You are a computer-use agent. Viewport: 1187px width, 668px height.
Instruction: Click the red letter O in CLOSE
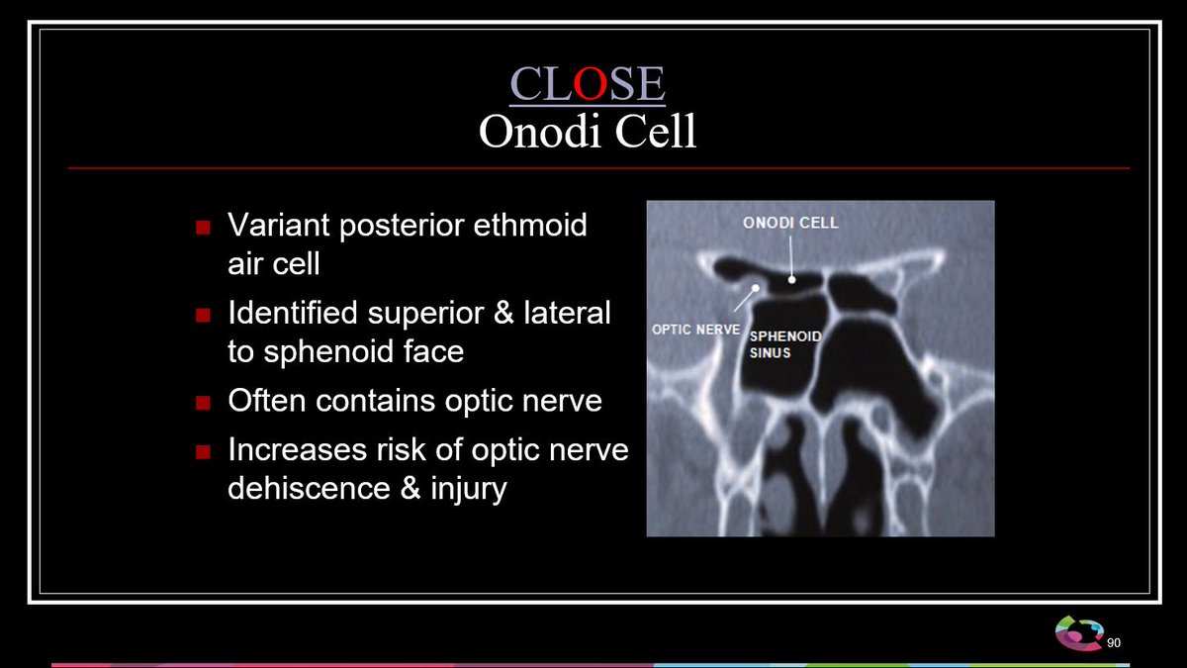590,83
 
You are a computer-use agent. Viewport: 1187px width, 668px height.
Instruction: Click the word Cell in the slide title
656,131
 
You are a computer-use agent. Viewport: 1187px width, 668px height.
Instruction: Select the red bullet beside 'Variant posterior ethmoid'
203,228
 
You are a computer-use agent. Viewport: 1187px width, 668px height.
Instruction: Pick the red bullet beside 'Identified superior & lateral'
203,316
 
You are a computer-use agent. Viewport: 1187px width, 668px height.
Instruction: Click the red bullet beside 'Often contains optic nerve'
203,403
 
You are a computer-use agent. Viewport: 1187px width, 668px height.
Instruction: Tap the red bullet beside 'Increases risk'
203,452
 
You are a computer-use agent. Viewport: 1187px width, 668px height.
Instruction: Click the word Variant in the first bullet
279,225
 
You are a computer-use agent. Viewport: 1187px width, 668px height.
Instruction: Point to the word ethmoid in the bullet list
530,225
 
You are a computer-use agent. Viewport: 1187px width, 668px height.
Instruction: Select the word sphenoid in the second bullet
328,351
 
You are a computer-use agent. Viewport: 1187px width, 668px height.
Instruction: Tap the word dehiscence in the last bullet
309,488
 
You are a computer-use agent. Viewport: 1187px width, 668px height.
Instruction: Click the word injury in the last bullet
469,489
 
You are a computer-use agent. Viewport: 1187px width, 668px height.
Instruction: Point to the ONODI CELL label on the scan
790,223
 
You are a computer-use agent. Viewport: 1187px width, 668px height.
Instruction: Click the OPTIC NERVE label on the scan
695,330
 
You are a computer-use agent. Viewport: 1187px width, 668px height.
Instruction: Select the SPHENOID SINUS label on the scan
785,344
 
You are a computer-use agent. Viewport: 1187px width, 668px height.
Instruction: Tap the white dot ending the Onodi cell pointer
791,279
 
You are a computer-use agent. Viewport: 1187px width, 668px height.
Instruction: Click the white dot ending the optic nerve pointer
756,288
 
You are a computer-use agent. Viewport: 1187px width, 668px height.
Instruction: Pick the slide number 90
1114,643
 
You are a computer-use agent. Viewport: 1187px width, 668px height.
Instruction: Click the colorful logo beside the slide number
1079,633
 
